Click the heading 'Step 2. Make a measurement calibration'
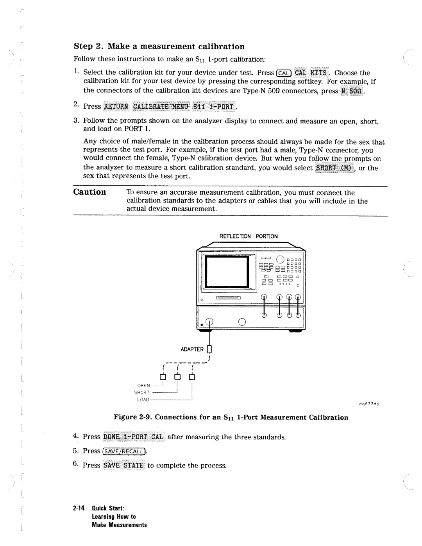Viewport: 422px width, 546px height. click(159, 47)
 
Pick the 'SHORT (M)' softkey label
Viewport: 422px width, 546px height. click(334, 168)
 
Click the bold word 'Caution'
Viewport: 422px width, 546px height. click(90, 192)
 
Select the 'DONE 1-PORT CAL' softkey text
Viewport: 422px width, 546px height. click(134, 437)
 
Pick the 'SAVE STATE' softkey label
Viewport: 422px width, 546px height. click(124, 465)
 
